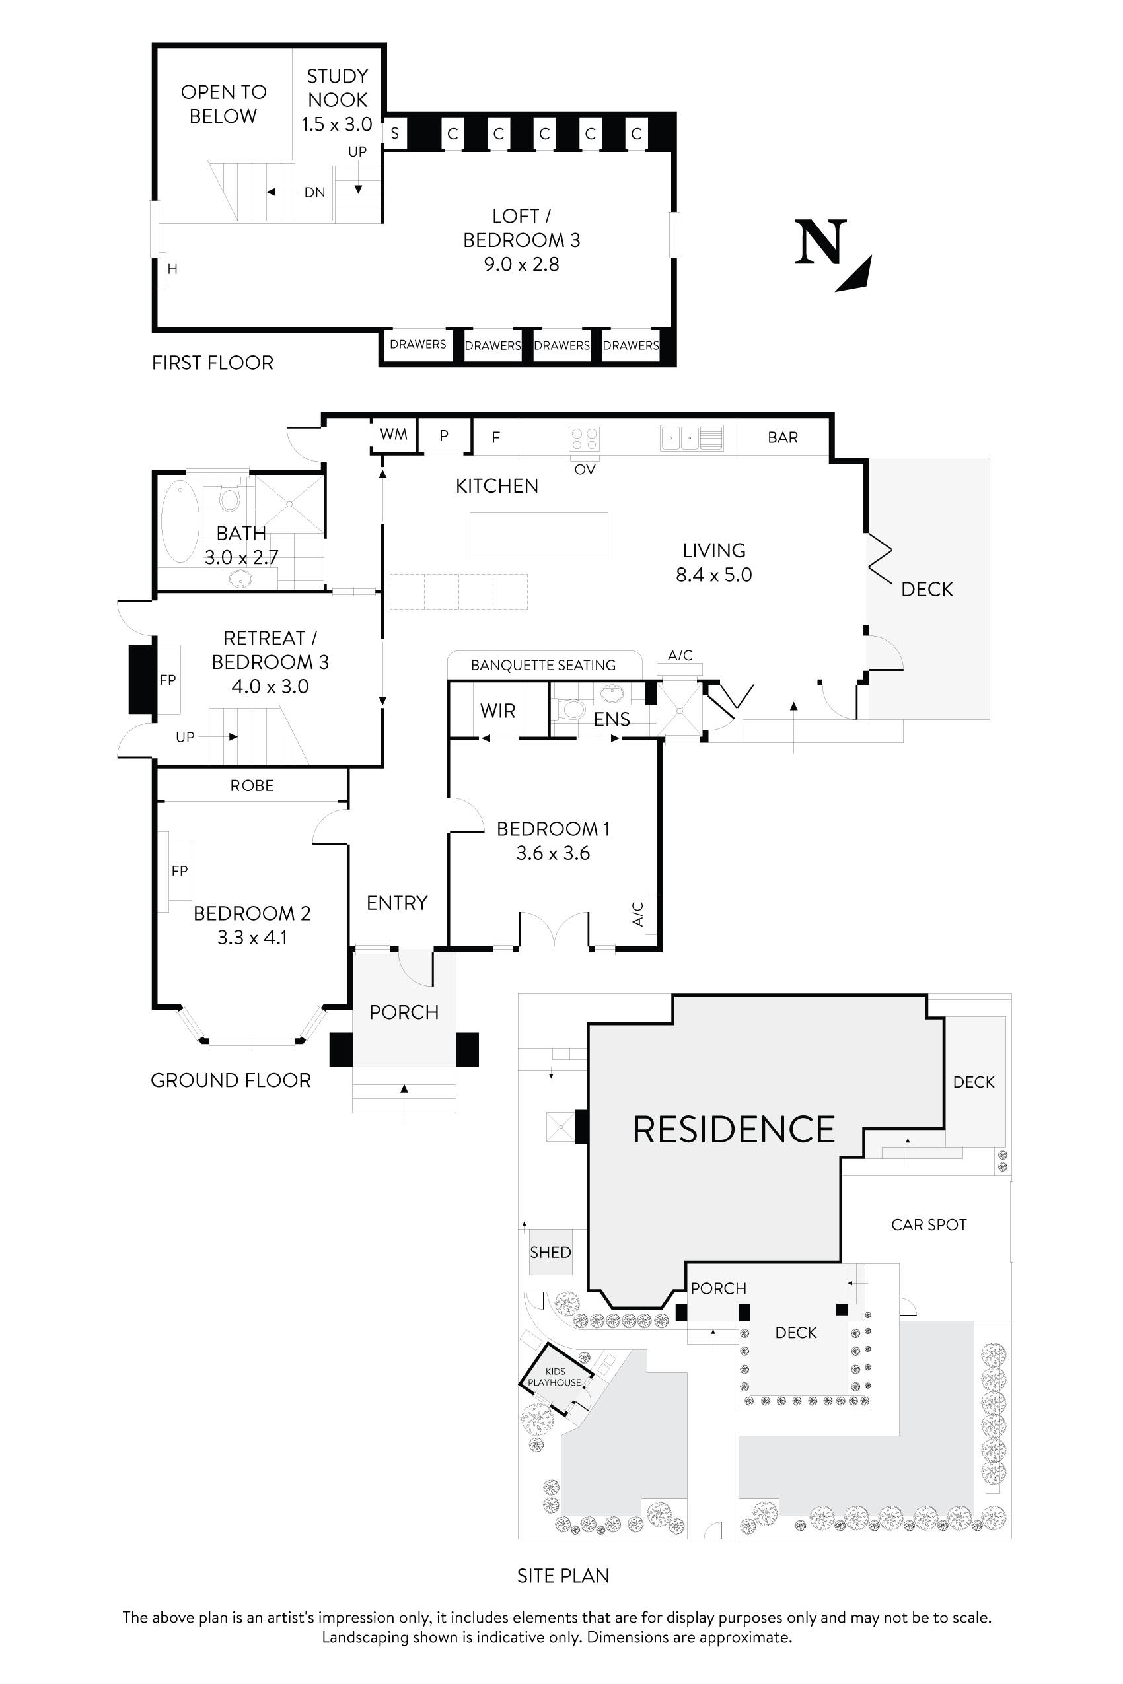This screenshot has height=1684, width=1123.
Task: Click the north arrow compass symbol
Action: tap(833, 255)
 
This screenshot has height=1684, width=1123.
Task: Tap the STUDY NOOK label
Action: tap(338, 88)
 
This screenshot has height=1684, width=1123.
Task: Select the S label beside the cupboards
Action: tap(394, 134)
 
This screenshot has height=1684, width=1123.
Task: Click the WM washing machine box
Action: tap(394, 434)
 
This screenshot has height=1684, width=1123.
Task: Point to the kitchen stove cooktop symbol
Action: tap(584, 439)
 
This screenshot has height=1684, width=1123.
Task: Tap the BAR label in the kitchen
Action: tap(783, 437)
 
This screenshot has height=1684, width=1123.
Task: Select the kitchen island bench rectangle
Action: tap(538, 536)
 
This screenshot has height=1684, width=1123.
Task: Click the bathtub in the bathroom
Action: tap(180, 521)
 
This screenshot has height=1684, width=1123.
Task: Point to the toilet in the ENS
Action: tap(573, 709)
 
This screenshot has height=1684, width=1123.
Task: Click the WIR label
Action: tap(498, 711)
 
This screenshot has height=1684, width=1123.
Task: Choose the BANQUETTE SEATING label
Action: tap(544, 665)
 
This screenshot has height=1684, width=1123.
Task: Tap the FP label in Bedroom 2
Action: tap(179, 870)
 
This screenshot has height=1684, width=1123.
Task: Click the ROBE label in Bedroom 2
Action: tap(252, 785)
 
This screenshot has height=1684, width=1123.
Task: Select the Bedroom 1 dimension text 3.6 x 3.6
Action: tap(553, 853)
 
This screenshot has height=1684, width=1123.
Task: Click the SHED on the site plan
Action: tap(551, 1252)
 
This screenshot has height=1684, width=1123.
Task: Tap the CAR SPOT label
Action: tap(929, 1225)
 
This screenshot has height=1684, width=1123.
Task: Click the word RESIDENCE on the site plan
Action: tap(734, 1129)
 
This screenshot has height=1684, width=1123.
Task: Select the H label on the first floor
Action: tap(172, 269)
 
